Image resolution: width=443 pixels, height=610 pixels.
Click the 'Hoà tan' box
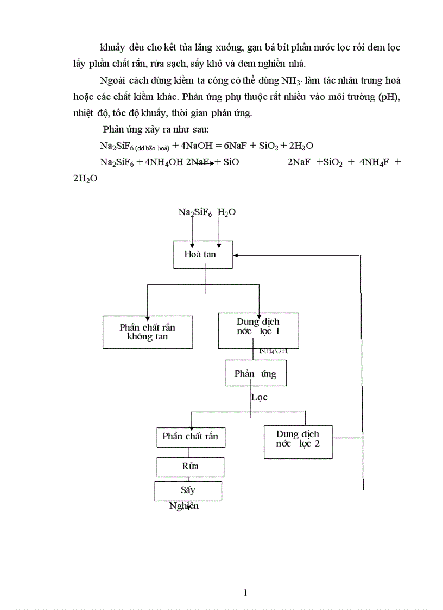click(x=203, y=254)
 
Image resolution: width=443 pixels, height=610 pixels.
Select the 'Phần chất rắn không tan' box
click(x=148, y=332)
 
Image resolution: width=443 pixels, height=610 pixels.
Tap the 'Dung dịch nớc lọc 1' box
click(x=258, y=330)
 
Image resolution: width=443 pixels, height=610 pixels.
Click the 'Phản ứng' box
click(x=255, y=374)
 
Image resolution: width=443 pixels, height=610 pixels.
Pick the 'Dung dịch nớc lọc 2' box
click(x=298, y=439)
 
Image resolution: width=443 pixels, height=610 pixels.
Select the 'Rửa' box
click(x=190, y=466)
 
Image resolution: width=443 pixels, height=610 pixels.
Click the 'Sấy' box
click(x=188, y=490)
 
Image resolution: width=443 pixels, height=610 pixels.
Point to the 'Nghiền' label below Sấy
click(x=183, y=506)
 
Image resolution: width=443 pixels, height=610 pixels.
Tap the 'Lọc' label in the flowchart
click(x=260, y=397)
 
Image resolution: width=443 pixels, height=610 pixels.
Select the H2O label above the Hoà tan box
click(x=226, y=212)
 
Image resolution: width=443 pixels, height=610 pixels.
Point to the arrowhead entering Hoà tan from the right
click(x=236, y=255)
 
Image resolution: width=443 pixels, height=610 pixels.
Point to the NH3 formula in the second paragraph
click(x=289, y=81)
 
